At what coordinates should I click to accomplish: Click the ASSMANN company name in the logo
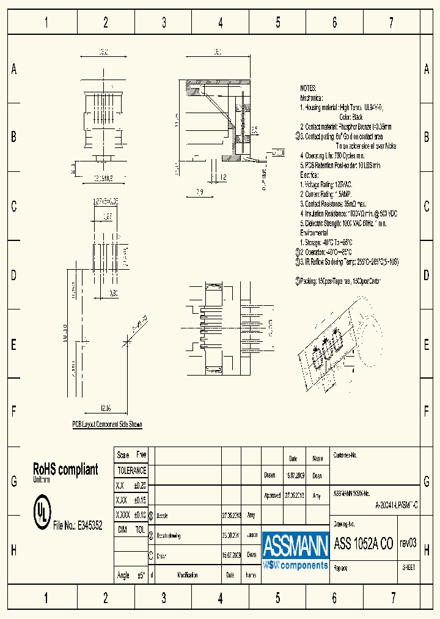point(296,544)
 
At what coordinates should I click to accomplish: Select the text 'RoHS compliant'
point(65,469)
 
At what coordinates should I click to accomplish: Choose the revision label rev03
point(408,543)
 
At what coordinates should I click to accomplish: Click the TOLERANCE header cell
point(131,470)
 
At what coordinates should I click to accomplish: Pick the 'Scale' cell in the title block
point(123,455)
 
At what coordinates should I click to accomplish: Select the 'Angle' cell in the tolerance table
point(123,575)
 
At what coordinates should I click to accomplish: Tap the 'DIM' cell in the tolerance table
point(122,530)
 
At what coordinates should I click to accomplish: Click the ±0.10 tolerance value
point(140,514)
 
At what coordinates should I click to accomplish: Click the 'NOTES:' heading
point(309,88)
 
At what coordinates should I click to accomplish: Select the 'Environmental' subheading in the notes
point(313,233)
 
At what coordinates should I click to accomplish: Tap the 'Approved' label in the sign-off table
point(272,496)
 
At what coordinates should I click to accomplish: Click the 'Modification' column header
point(187,575)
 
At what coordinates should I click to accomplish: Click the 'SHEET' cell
point(409,567)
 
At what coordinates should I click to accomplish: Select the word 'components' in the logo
point(304,565)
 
